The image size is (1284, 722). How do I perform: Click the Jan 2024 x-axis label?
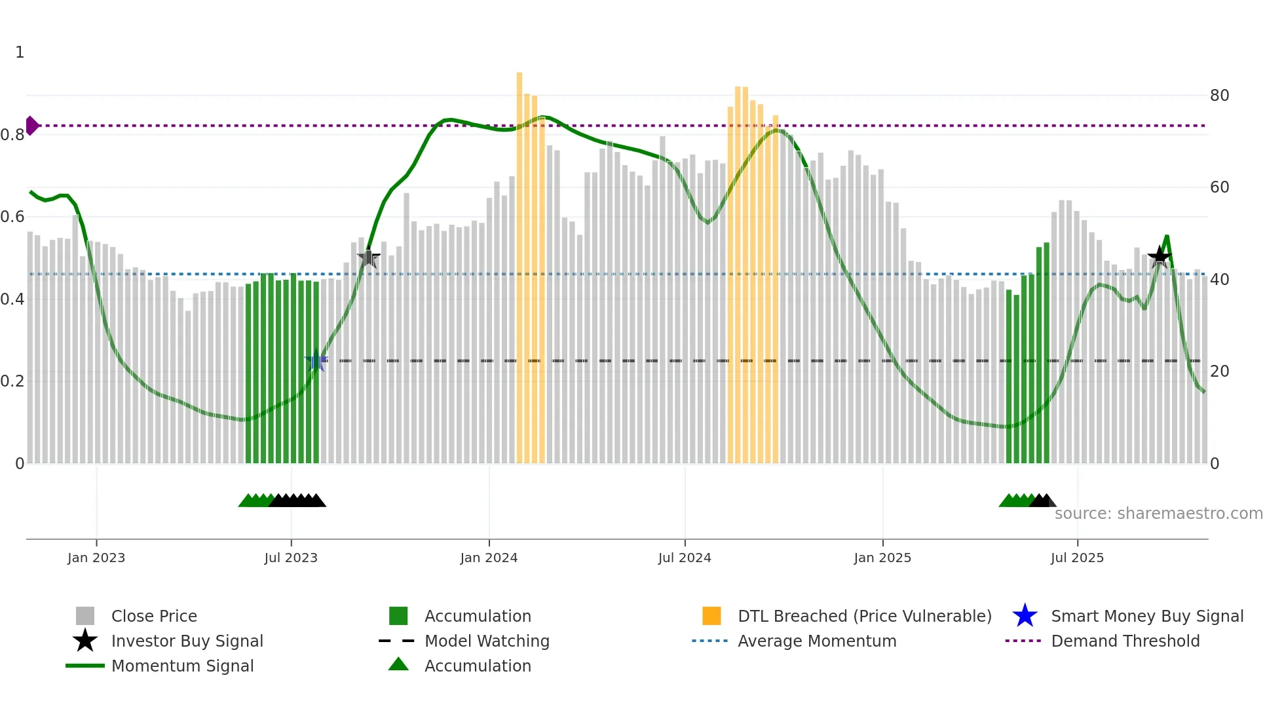pos(489,558)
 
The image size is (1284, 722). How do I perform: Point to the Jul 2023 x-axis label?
pos(291,558)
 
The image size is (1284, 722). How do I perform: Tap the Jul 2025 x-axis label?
pos(1077,558)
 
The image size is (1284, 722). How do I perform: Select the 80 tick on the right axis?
pos(1219,96)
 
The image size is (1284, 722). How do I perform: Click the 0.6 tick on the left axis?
pos(12,217)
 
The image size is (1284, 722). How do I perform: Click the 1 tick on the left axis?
pos(20,52)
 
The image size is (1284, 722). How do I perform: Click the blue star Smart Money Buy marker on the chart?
pos(316,360)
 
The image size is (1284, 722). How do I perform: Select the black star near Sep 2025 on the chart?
pos(1159,256)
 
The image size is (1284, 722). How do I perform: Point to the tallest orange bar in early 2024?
pos(519,262)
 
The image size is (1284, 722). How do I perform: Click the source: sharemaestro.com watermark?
pos(1158,514)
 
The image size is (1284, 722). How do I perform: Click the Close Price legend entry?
pos(154,616)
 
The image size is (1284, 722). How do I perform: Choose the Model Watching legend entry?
pos(487,641)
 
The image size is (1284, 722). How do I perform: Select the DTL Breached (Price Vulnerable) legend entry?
pos(864,616)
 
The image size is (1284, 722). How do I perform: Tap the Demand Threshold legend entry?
pos(1125,641)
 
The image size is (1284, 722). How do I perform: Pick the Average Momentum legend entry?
pos(816,641)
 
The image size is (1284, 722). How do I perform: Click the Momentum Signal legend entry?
pos(182,666)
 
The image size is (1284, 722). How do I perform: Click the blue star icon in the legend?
pos(1025,616)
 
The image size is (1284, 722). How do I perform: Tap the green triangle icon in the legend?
pos(398,664)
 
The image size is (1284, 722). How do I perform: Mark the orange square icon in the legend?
pos(711,616)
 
